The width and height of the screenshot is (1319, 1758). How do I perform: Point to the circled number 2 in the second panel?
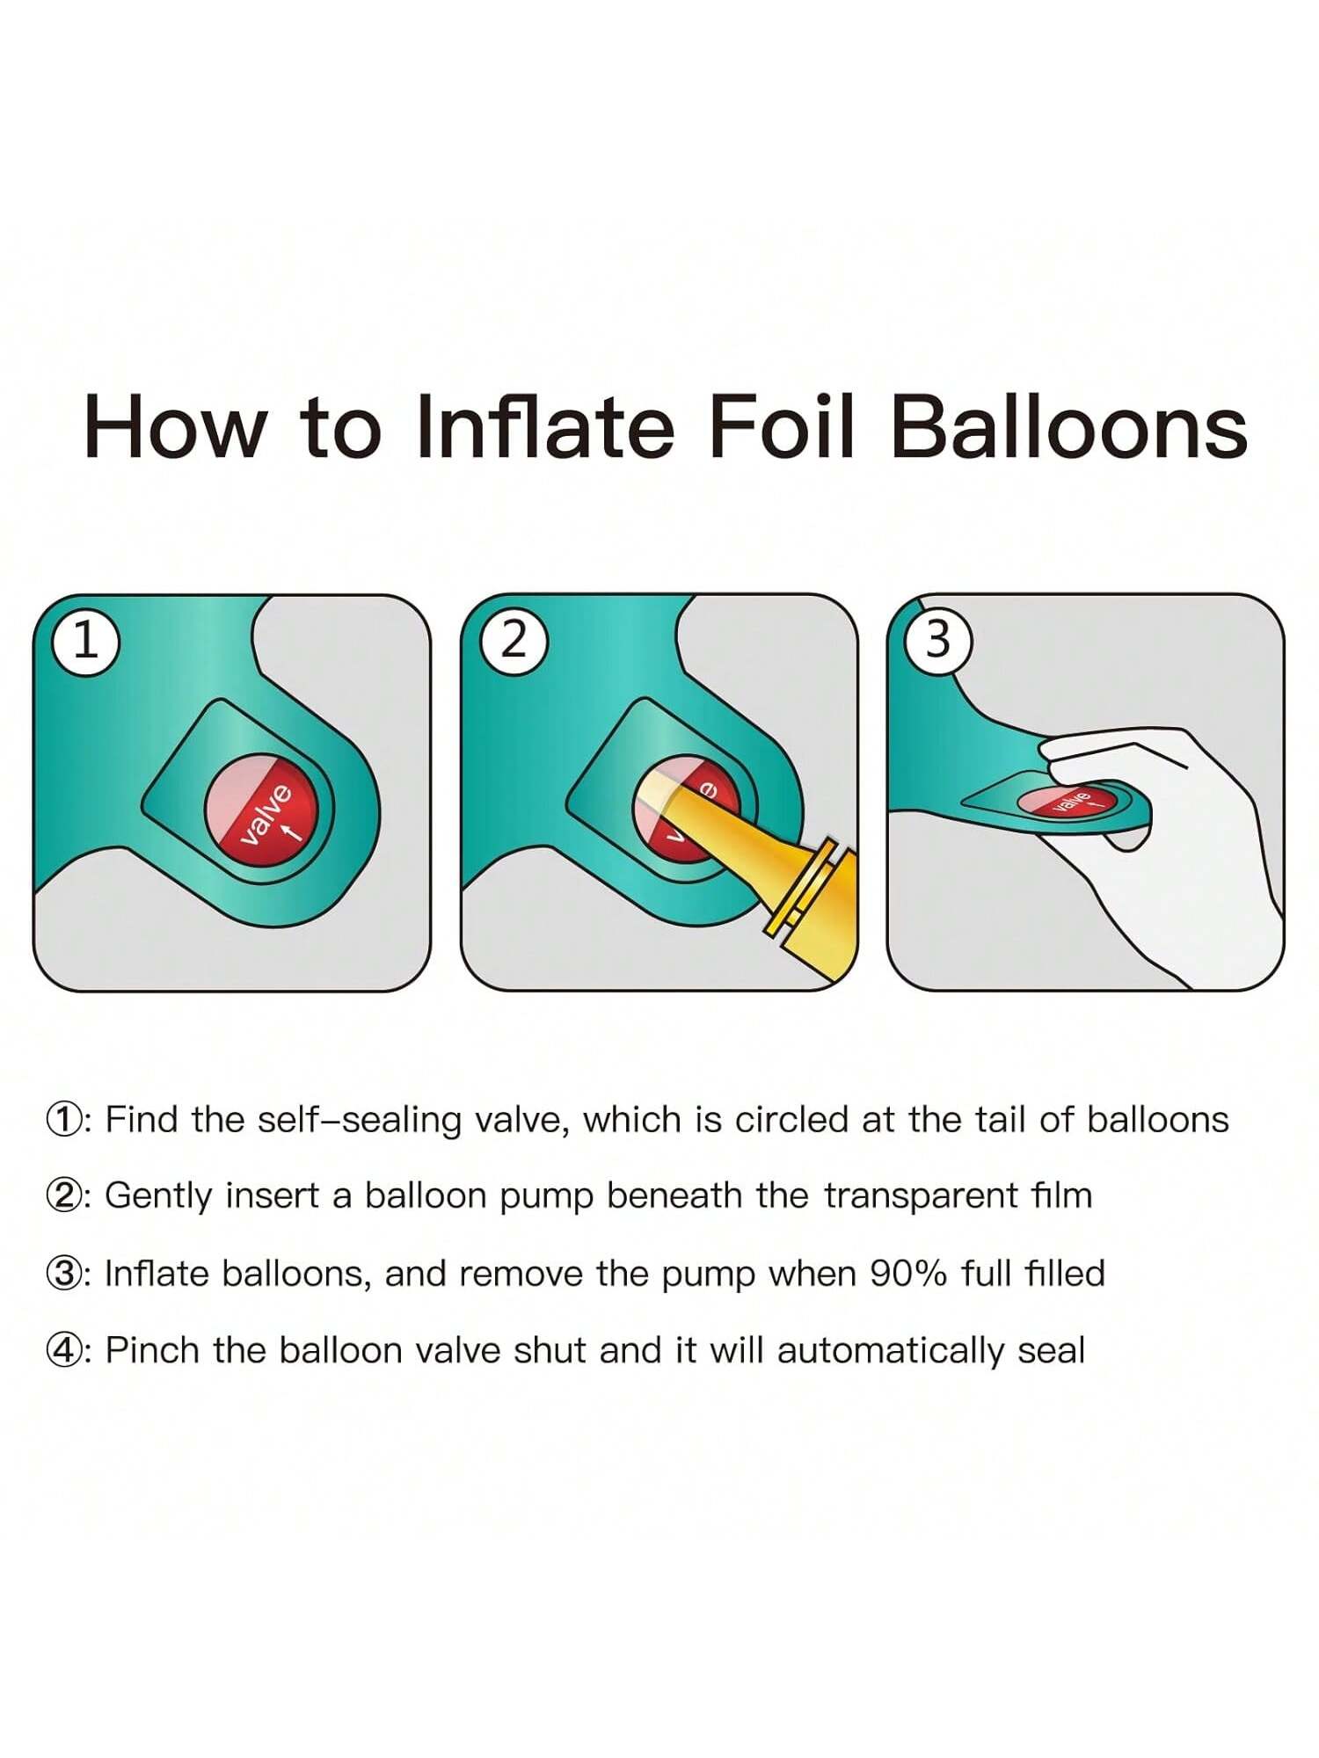click(x=514, y=642)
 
